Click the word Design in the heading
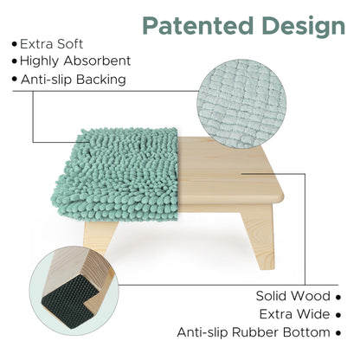click(x=298, y=25)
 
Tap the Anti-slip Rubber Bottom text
click(x=253, y=331)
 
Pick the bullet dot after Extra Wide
click(x=338, y=314)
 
